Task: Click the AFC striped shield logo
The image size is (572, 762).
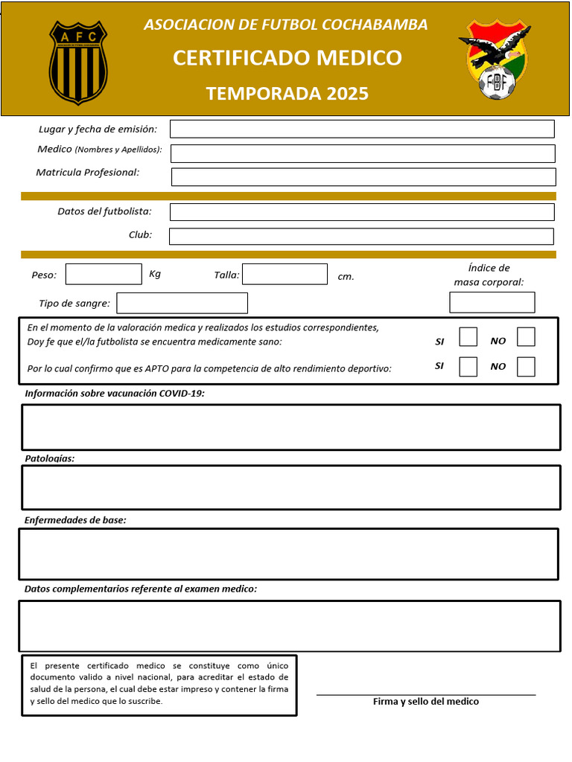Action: point(78,63)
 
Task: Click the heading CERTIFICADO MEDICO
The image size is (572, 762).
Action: point(287,58)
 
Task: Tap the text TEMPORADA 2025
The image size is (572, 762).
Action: point(287,93)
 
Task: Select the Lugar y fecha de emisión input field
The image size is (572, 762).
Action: point(362,129)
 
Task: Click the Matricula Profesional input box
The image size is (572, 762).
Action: point(363,177)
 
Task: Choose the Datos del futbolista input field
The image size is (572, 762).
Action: point(362,212)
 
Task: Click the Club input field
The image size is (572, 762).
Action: point(361,237)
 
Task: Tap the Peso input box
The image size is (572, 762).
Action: point(104,275)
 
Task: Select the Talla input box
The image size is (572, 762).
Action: point(285,275)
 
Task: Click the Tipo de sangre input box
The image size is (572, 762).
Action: point(182,303)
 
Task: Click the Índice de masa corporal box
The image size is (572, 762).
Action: point(492,302)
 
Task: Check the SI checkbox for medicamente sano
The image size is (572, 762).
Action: point(468,337)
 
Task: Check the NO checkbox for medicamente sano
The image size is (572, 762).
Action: point(526,337)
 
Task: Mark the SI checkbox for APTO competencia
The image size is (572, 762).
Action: point(468,367)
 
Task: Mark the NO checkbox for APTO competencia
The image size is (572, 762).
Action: point(526,367)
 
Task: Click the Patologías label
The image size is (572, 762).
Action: point(50,458)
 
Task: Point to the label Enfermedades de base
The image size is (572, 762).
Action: point(75,520)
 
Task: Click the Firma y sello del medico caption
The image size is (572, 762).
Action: point(426,702)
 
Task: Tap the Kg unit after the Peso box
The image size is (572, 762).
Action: point(155,274)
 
